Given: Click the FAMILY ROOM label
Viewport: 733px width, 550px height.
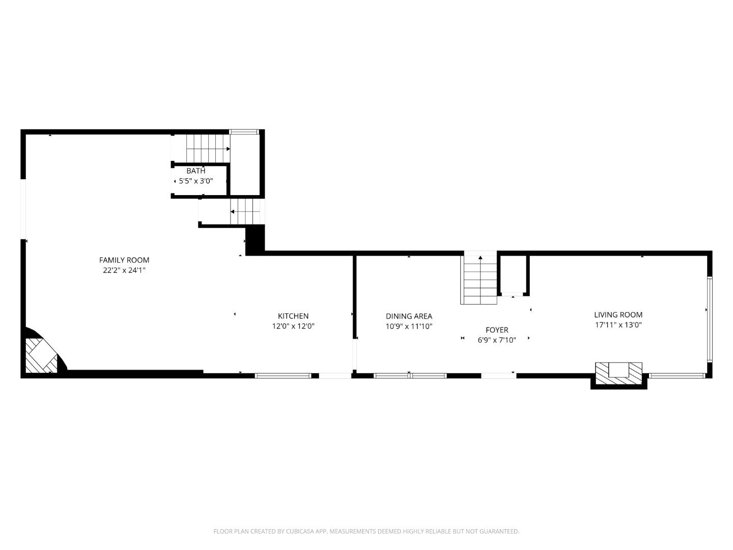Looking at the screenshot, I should click(124, 260).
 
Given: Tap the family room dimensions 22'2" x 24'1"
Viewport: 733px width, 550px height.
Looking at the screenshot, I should click(124, 271).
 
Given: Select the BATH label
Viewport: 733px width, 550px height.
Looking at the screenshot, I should click(196, 171).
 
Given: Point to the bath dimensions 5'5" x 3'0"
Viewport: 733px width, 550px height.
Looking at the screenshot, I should click(196, 181).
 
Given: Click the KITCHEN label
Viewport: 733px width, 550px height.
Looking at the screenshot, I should click(293, 316).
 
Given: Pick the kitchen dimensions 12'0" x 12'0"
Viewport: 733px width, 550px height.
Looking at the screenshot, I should click(293, 326).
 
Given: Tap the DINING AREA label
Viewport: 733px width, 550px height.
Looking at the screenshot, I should click(409, 316).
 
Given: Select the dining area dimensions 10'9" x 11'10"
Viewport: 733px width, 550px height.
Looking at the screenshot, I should click(409, 326).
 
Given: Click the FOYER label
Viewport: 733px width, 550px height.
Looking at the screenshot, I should click(497, 330).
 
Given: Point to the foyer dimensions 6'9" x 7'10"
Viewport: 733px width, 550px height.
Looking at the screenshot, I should click(497, 340).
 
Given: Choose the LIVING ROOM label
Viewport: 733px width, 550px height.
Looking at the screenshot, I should click(618, 315).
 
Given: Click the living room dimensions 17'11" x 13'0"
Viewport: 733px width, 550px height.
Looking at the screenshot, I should click(618, 325).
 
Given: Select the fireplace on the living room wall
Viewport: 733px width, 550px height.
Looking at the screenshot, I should click(618, 371).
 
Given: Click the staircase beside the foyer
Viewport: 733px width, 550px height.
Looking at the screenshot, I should click(479, 280).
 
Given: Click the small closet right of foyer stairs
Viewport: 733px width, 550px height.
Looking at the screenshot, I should click(514, 275).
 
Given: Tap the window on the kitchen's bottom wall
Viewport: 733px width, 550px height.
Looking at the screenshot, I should click(283, 376).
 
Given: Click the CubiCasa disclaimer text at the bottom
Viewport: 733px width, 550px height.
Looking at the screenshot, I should click(366, 531).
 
